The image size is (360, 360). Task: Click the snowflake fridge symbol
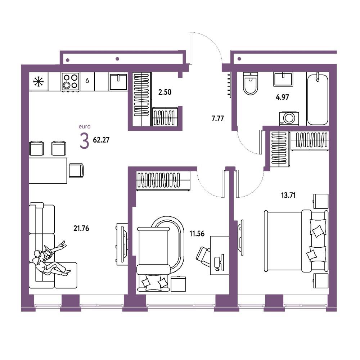click(39, 81)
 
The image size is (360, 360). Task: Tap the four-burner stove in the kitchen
click(70, 82)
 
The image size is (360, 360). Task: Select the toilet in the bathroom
click(250, 84)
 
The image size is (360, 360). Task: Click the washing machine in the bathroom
click(289, 118)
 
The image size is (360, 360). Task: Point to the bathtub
click(318, 99)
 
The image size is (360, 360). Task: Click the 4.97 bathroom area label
click(282, 97)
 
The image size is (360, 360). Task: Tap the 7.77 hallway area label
click(217, 119)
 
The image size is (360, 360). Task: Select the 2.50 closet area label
click(165, 92)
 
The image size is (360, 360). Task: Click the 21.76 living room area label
click(81, 228)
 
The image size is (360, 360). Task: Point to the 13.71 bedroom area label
click(288, 195)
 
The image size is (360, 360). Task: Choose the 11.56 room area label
click(197, 234)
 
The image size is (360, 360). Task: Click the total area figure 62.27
click(101, 140)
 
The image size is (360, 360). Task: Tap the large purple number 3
click(84, 141)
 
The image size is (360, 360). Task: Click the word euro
click(85, 126)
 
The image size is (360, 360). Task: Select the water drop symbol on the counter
click(87, 81)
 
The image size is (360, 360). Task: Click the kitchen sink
click(118, 81)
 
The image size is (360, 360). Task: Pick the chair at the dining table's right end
click(76, 171)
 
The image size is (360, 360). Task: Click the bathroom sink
click(283, 79)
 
